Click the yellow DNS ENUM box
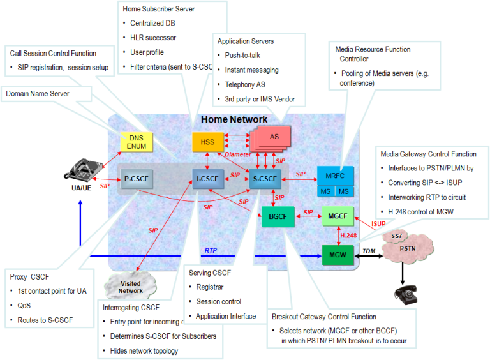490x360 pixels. tap(137, 142)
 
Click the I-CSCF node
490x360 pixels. tap(208, 179)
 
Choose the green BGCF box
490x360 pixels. tap(277, 216)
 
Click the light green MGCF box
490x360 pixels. tap(338, 216)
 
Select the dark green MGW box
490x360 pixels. tap(338, 255)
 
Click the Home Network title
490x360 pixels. tap(234, 119)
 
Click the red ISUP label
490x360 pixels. tap(378, 223)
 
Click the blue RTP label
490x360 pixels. tap(211, 250)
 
